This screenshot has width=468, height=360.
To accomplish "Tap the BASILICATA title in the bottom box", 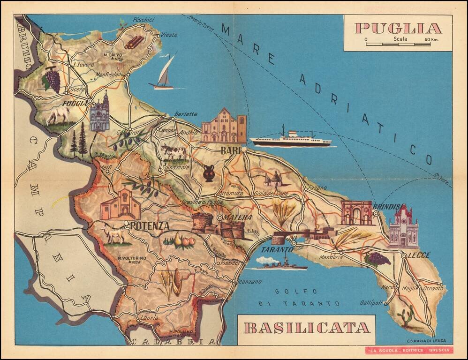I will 307,327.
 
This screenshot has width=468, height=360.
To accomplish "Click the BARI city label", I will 230,151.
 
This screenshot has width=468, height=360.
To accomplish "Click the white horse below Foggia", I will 59,115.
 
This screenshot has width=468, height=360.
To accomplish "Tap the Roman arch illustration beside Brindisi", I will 356,213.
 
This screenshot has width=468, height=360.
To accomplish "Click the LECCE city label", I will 420,255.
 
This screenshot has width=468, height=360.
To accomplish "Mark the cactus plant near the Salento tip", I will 405,316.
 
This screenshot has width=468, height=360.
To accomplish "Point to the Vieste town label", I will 169,35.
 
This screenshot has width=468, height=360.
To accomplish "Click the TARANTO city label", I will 277,250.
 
